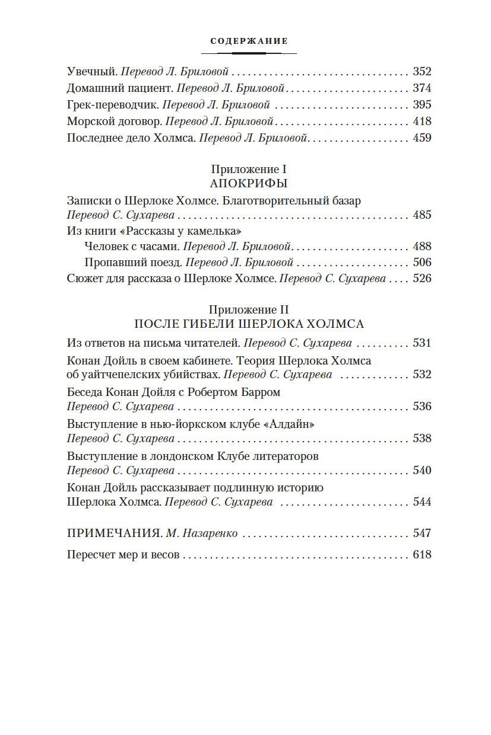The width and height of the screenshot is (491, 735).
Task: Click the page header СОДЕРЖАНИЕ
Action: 249,41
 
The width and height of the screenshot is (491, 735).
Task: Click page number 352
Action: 422,72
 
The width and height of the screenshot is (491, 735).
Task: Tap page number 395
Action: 422,105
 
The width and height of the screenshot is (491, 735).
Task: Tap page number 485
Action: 422,215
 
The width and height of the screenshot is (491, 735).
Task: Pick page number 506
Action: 422,263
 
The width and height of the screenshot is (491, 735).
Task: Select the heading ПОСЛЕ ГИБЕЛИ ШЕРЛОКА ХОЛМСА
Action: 249,324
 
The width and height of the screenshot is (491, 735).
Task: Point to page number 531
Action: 422,343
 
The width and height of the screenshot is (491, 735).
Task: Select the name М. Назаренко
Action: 202,533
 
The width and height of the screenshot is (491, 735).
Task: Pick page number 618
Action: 422,555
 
